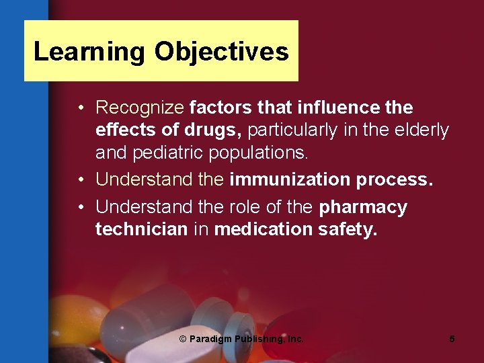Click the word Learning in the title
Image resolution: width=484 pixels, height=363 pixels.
click(x=89, y=52)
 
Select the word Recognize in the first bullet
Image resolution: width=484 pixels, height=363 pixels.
click(x=140, y=108)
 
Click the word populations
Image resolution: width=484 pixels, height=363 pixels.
click(x=259, y=153)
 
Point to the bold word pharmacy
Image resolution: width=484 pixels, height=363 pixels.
click(x=363, y=207)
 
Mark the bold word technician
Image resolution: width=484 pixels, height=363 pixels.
click(x=141, y=229)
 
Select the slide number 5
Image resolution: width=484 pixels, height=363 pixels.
click(x=452, y=339)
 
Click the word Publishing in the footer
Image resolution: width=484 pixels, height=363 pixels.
click(x=257, y=339)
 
